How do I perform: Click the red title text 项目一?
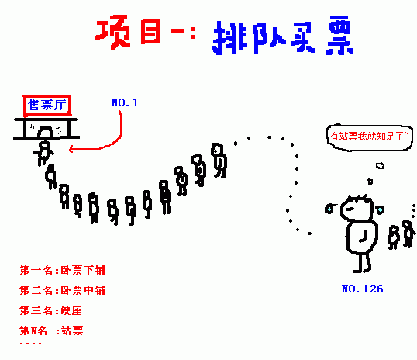(x=146, y=31)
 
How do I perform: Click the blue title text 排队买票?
(x=282, y=36)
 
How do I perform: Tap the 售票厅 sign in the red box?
(x=47, y=106)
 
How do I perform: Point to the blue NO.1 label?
(x=125, y=102)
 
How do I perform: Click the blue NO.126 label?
(x=362, y=289)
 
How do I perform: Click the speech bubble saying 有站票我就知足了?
(x=370, y=137)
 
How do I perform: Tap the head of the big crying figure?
(x=357, y=208)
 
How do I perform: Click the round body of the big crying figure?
(x=362, y=237)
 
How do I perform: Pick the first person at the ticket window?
(x=43, y=153)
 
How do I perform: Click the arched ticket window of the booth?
(x=45, y=132)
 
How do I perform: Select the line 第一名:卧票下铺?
(x=63, y=270)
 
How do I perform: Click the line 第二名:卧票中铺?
(x=63, y=290)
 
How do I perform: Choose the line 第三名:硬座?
(x=50, y=310)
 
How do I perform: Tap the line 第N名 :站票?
(x=51, y=331)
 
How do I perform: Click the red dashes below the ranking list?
(x=30, y=344)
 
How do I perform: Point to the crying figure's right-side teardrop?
(x=381, y=209)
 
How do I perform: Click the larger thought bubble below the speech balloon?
(x=380, y=165)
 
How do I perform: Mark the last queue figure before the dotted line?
(x=219, y=161)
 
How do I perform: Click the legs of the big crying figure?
(x=363, y=263)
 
